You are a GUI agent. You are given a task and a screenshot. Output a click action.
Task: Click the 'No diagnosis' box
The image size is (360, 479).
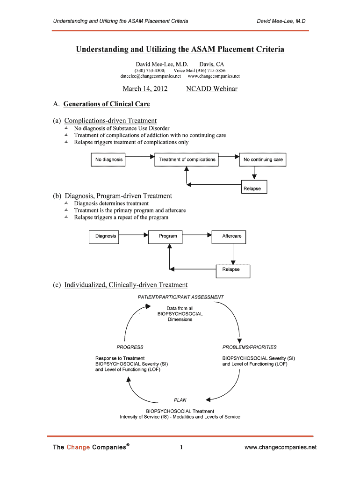tap(109, 160)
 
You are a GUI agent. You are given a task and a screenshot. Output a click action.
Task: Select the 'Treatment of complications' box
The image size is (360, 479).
tap(187, 160)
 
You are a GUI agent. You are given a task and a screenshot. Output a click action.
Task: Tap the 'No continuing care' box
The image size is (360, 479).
tap(263, 160)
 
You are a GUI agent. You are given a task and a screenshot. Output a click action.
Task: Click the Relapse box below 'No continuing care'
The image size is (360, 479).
tap(254, 189)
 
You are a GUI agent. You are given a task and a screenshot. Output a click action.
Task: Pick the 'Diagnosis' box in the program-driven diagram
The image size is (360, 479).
tap(106, 236)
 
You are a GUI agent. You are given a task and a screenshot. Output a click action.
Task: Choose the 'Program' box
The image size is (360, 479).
tap(168, 236)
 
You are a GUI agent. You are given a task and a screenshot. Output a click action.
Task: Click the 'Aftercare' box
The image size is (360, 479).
tap(232, 236)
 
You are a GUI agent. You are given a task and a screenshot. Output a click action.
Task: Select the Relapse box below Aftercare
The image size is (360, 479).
tap(233, 269)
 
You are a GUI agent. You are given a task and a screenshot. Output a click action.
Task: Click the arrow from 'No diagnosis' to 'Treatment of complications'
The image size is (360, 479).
tap(141, 157)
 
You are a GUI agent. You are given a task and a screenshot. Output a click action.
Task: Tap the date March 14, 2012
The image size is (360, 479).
tap(145, 89)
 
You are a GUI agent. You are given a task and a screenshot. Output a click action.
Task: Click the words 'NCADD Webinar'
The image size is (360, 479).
tap(212, 89)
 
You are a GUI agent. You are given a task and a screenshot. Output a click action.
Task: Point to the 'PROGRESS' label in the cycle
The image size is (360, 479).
tap(130, 347)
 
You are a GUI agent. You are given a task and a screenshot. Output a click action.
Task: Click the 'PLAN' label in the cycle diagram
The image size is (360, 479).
tap(180, 400)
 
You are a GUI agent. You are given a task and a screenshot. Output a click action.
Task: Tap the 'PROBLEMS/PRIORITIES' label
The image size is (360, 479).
tap(249, 347)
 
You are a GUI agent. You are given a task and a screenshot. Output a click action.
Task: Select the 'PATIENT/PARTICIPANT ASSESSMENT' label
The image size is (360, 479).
tap(180, 297)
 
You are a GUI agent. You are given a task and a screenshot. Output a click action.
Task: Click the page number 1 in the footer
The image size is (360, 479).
tap(180, 448)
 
